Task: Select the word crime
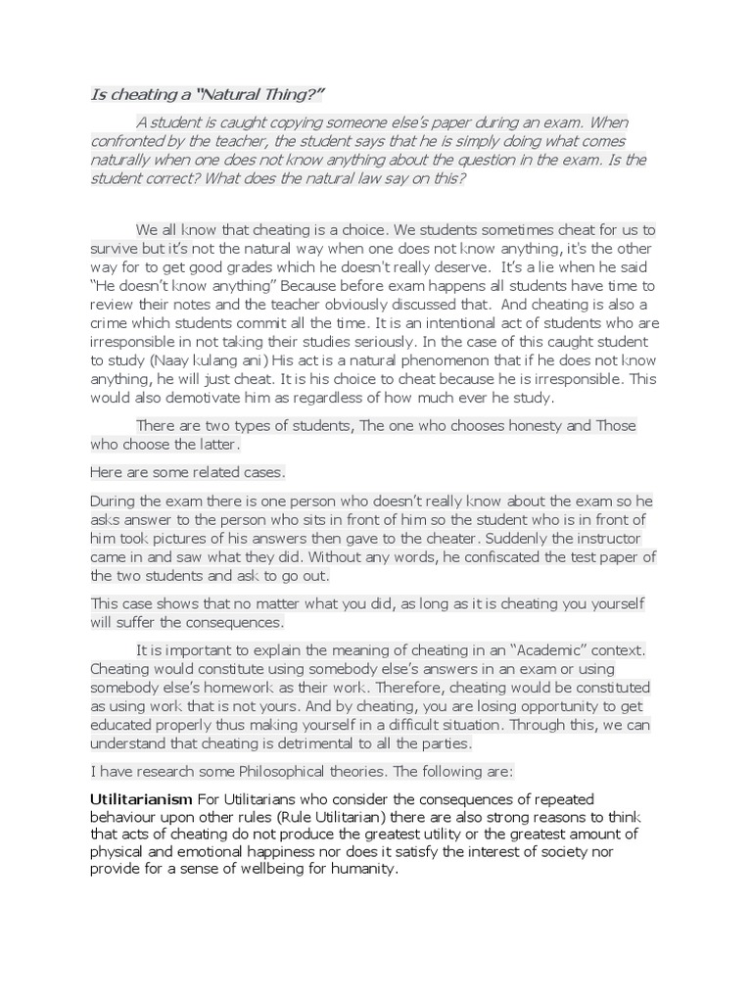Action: pos(112,322)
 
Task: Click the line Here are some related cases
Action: pos(187,472)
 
